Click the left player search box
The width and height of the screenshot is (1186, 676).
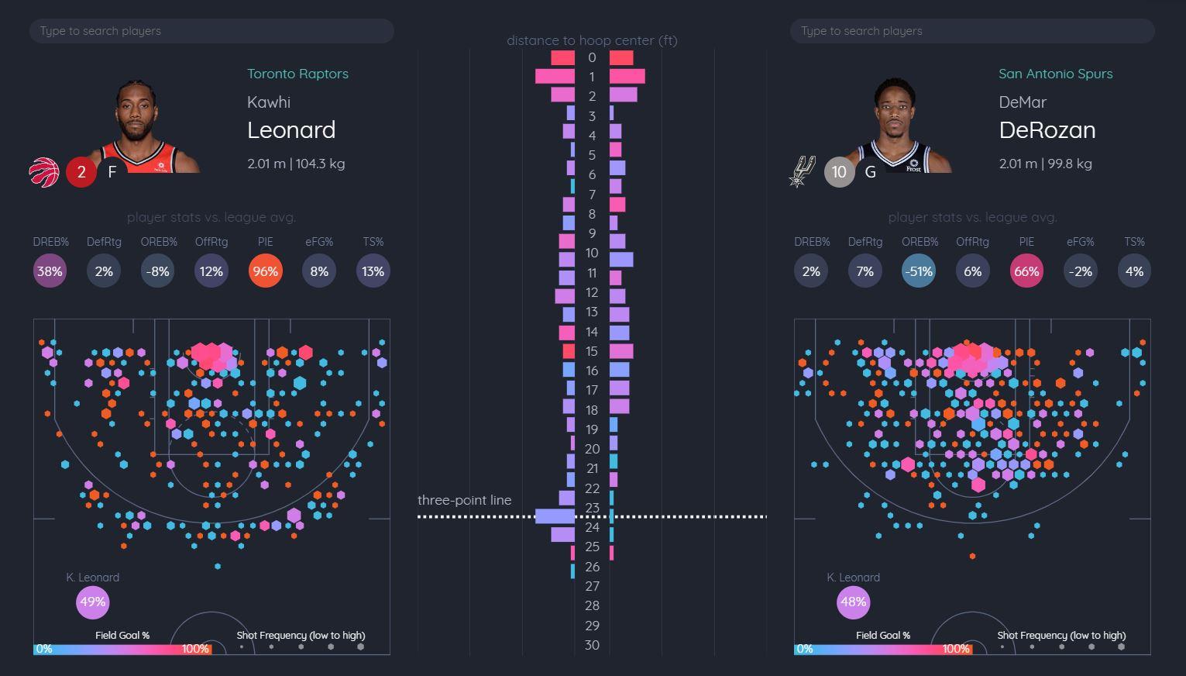(211, 31)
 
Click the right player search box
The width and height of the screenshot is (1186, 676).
(971, 31)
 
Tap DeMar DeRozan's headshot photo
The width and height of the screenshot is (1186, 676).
(899, 127)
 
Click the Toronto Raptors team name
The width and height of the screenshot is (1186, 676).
(297, 74)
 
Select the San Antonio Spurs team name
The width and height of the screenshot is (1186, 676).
(1055, 74)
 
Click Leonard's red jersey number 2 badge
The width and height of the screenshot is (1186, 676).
(81, 172)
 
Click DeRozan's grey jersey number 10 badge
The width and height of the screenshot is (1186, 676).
(839, 172)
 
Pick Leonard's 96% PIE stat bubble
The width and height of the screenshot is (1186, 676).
(265, 271)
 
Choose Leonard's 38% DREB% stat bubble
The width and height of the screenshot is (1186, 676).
(50, 271)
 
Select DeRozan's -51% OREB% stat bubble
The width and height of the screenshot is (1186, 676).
(919, 271)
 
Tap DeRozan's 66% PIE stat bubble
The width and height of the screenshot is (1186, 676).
(1026, 271)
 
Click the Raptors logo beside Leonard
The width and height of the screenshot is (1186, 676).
(44, 172)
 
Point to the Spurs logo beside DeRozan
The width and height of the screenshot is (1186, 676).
(801, 171)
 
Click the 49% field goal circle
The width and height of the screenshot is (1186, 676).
(92, 602)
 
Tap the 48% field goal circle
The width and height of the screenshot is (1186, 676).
(853, 602)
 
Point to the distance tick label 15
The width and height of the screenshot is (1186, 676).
(592, 351)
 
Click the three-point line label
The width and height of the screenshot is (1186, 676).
(464, 500)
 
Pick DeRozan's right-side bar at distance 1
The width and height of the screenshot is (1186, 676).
(627, 76)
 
